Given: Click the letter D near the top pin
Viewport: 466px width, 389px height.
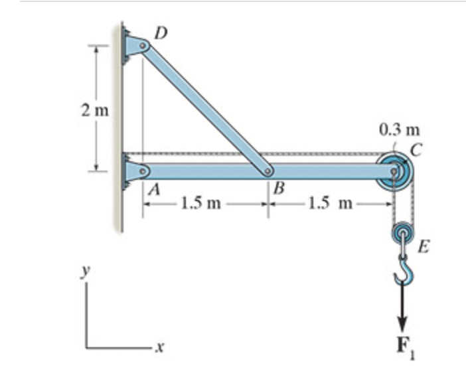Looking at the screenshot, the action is tap(161, 34).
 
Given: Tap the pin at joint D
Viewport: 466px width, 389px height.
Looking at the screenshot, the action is tap(143, 46).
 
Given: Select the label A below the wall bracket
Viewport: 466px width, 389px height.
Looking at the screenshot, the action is tap(154, 190).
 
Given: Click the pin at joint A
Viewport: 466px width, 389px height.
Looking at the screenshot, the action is tap(143, 171).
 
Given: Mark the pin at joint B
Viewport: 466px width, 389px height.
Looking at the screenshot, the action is tap(268, 171).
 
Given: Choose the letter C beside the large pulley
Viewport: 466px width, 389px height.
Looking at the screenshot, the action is tap(416, 151).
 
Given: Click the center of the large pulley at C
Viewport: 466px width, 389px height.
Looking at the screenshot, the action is tap(394, 171).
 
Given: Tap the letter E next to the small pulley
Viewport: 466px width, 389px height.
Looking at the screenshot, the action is tap(424, 246).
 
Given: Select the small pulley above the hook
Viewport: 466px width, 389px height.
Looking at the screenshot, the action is tap(403, 232).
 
